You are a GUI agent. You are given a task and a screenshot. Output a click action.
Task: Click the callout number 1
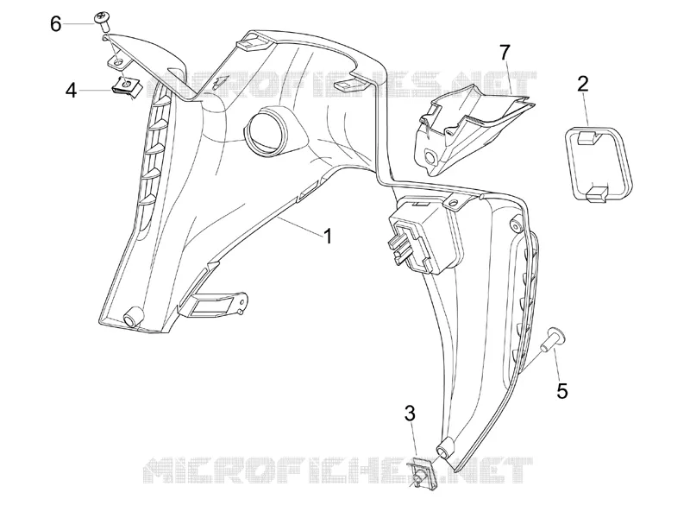tap(328, 236)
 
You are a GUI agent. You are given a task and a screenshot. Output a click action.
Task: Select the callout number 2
tap(583, 84)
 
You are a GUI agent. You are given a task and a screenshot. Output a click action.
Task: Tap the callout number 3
tap(410, 414)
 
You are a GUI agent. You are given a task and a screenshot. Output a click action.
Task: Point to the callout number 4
tap(72, 91)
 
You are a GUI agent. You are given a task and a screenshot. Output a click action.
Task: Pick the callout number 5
tap(562, 391)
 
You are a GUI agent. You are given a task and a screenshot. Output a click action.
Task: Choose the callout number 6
tap(55, 24)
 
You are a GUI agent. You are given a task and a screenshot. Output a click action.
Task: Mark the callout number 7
tap(505, 53)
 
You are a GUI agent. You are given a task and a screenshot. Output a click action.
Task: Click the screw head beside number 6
tap(103, 18)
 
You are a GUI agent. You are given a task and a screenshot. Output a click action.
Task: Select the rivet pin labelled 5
tap(552, 340)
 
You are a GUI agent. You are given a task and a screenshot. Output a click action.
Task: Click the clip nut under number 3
tap(423, 475)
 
